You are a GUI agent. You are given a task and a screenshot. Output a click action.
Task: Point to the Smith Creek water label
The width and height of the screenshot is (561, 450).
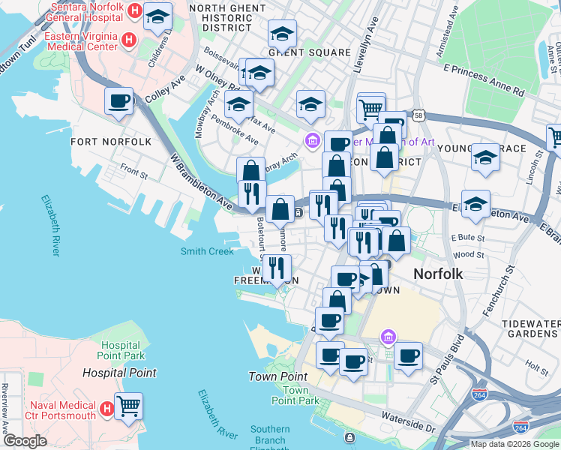pyautogui.click(x=207, y=251)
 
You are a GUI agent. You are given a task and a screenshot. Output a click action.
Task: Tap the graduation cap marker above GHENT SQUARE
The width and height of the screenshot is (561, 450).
pyautogui.click(x=282, y=33)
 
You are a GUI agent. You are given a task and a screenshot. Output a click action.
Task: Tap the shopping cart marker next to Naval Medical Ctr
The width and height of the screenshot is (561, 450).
pyautogui.click(x=129, y=406)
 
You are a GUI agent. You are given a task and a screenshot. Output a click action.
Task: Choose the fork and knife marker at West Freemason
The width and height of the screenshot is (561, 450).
pyautogui.click(x=277, y=268)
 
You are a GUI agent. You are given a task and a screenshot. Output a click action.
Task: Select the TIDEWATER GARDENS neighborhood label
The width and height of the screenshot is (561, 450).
pyautogui.click(x=531, y=328)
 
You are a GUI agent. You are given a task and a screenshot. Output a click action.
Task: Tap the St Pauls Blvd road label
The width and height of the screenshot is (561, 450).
pyautogui.click(x=448, y=361)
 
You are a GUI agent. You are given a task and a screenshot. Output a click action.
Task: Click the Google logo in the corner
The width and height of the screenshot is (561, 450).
pyautogui.click(x=25, y=441)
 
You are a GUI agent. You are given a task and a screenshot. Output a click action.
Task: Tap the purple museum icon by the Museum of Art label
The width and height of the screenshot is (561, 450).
pyautogui.click(x=312, y=140)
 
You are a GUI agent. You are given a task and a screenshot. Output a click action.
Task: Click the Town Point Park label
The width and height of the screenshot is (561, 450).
pyautogui.click(x=295, y=396)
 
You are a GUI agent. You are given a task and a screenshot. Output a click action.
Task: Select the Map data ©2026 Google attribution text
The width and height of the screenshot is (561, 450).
pyautogui.click(x=514, y=444)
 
